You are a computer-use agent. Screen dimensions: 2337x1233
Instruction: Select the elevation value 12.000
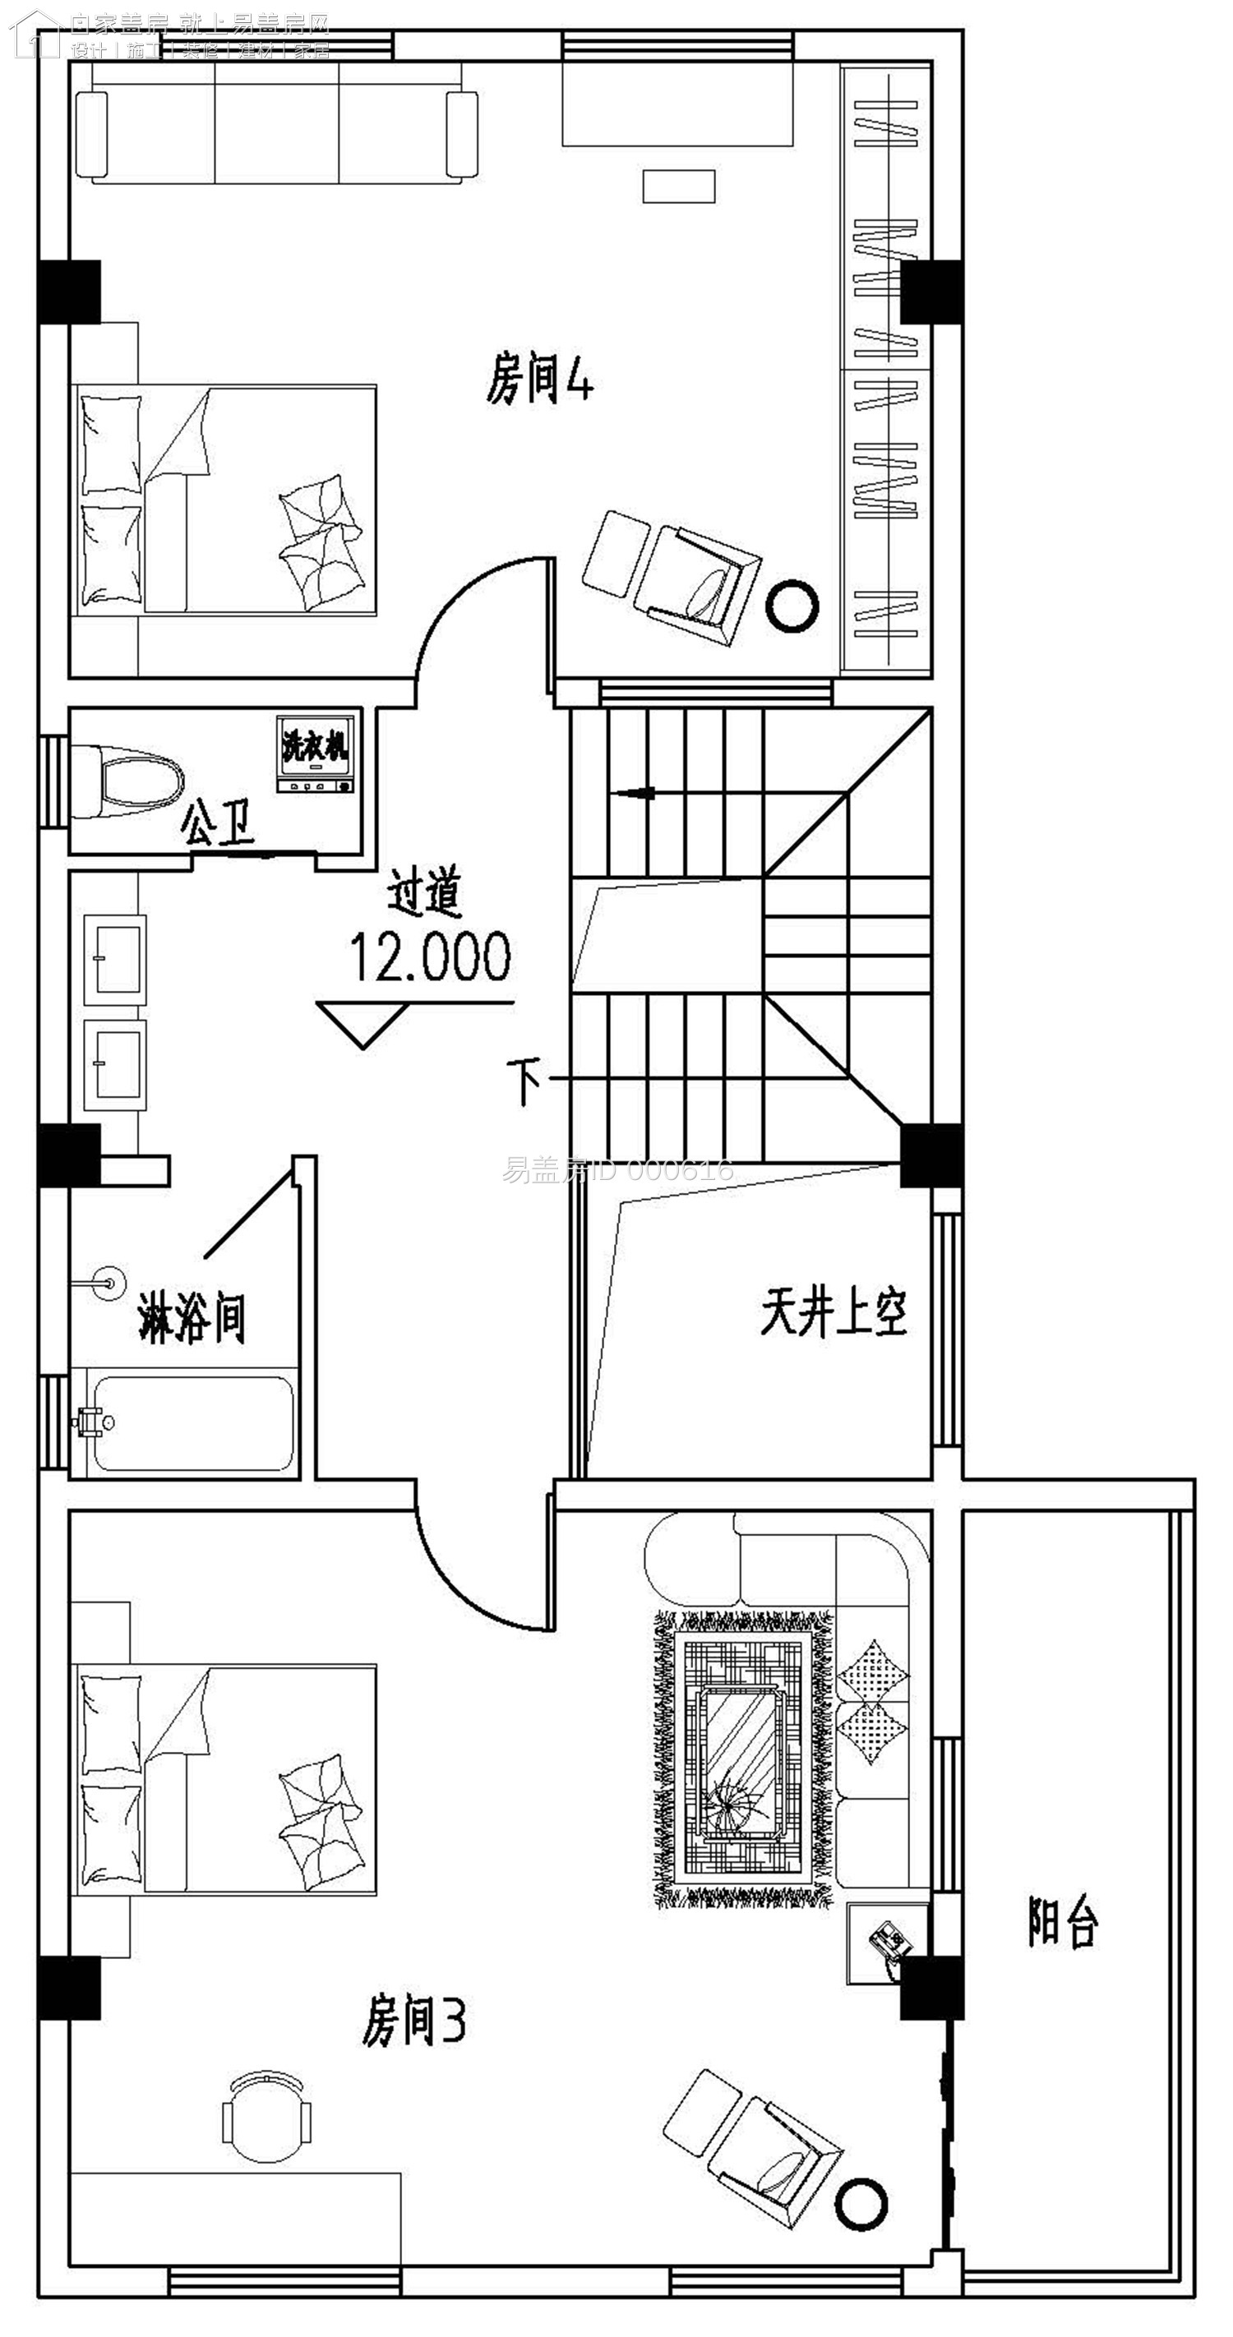[430, 957]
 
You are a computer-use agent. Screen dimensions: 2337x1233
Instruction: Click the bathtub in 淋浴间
[192, 1423]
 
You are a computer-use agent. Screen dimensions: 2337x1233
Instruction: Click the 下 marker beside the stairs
[524, 1081]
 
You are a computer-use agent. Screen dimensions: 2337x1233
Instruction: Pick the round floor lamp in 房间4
[792, 606]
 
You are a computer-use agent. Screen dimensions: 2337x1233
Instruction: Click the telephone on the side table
[889, 1943]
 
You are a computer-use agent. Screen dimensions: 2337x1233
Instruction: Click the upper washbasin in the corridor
[115, 959]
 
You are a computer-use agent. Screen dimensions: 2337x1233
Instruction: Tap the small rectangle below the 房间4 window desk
[679, 186]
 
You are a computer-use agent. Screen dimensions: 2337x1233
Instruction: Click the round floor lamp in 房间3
[861, 2204]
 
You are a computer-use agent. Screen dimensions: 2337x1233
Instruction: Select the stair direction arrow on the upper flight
[635, 794]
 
